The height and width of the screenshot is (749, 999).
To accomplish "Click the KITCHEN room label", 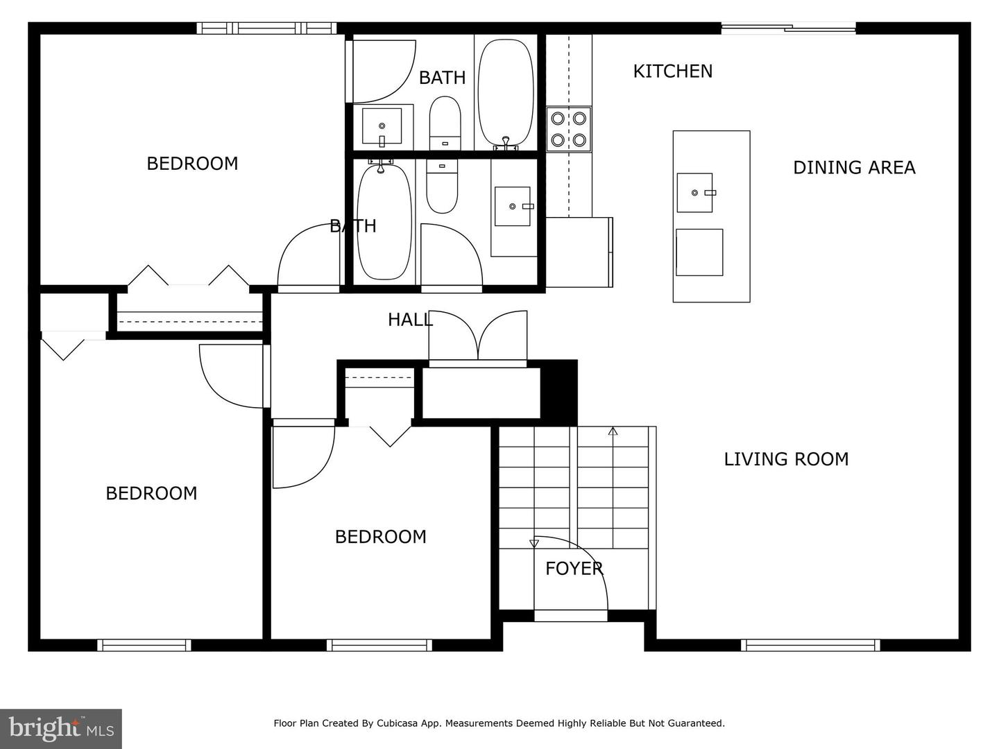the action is tap(672, 71).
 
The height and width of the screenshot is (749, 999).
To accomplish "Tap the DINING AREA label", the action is tap(854, 167).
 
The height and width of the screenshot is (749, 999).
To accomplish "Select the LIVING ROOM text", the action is tap(786, 459).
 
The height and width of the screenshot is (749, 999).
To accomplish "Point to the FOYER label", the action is tap(574, 569).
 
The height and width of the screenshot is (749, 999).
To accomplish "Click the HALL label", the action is tap(410, 320).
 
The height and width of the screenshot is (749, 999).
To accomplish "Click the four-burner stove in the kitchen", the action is tap(568, 129).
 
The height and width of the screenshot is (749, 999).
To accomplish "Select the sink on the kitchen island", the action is tap(695, 192).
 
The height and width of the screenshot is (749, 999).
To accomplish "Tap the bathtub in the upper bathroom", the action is tap(506, 93).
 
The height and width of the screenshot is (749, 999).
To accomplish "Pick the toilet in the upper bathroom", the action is tap(445, 123).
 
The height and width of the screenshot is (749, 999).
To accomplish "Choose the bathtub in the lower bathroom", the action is tap(384, 220).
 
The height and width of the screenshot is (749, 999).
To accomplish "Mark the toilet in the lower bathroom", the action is tap(441, 186).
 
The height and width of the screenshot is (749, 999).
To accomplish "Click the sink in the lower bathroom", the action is tap(513, 206).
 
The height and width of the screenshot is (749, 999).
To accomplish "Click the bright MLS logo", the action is tap(61, 728).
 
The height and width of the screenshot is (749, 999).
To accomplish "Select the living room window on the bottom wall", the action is tap(810, 645).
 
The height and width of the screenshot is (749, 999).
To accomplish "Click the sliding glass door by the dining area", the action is tap(788, 28).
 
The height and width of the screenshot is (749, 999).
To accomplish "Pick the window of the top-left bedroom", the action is tap(266, 28).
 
